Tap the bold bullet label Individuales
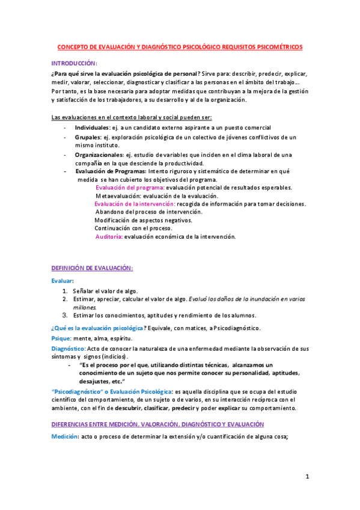[92, 127]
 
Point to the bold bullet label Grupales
[87, 137]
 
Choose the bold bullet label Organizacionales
[99, 155]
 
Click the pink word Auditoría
[109, 236]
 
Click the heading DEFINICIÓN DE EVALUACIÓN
[92, 268]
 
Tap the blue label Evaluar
[63, 281]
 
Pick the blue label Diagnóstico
[68, 348]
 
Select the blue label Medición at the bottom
[66, 437]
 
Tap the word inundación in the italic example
[258, 298]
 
